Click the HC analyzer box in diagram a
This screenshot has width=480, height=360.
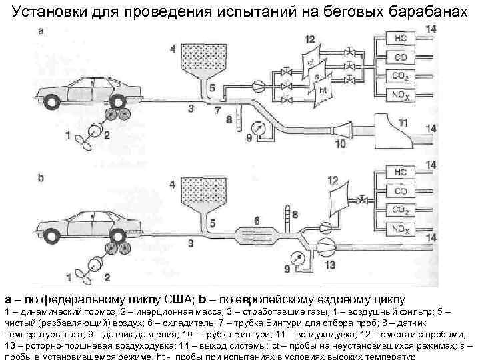click(400, 37)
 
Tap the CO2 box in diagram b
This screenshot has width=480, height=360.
click(400, 210)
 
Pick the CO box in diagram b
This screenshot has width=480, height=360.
click(400, 191)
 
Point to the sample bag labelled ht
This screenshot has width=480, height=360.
click(323, 90)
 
